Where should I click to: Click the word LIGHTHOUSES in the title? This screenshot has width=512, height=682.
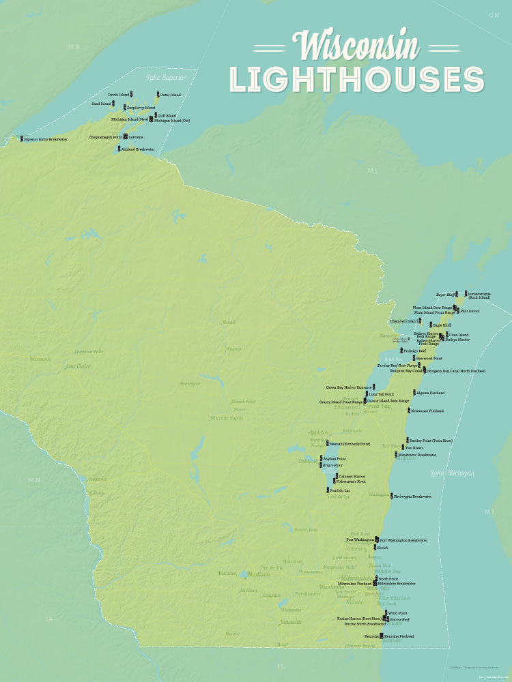[x=357, y=79]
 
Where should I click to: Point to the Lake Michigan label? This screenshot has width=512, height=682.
[x=452, y=473]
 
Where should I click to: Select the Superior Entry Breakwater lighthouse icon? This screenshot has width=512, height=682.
[x=21, y=138]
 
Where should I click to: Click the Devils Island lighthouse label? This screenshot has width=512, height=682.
[x=119, y=94]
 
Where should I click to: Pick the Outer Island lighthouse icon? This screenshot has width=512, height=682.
[x=158, y=94]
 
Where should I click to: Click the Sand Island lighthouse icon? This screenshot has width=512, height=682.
[x=113, y=104]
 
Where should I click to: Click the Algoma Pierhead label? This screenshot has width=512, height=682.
[x=431, y=394]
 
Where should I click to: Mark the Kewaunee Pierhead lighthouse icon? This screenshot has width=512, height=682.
[x=407, y=411]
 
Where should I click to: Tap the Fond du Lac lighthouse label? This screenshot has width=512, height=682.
[x=339, y=490]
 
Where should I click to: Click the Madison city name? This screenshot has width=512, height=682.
[x=258, y=574]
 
